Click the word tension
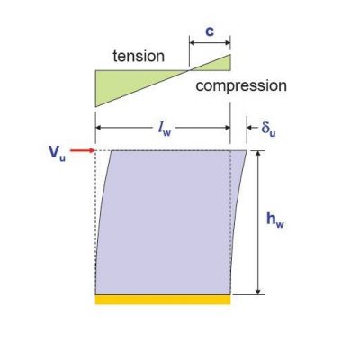139,56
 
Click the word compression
241,85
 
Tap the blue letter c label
210,31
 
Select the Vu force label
57,153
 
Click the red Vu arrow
83,150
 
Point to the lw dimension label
165,129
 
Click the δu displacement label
268,129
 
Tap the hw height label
275,220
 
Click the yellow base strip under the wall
163,300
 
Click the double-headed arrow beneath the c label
210,43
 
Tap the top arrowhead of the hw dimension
257,154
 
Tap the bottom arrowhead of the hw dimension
257,292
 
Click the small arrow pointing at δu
253,128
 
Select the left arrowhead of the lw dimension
99,128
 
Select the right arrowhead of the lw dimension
227,128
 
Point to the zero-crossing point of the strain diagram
189,70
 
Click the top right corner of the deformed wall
247,150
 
